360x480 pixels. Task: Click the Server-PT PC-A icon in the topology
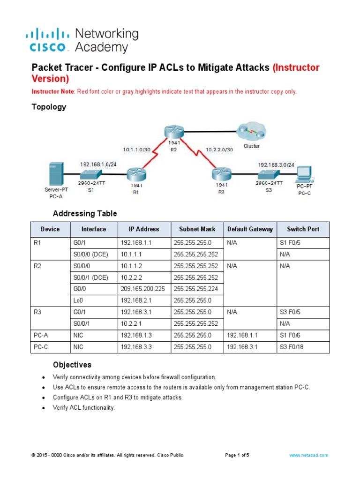tap(55, 173)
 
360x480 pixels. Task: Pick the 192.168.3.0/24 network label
tap(276, 165)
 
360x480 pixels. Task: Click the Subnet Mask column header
tap(197, 229)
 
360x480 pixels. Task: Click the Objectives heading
tap(72, 365)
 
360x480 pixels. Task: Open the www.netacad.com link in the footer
tap(308, 455)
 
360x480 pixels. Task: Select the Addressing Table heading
tap(85, 213)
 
